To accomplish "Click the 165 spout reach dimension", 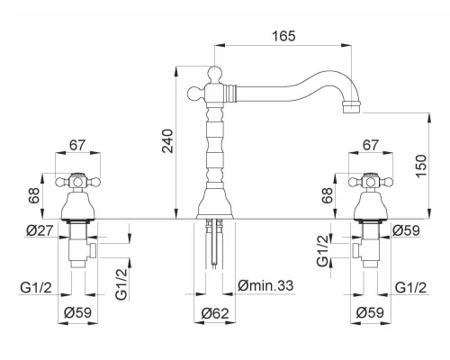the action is (283, 36).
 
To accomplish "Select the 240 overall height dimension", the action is (168, 141).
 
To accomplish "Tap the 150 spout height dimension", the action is (421, 166).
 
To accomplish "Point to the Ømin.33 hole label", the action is (265, 285).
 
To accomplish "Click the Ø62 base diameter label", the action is (215, 313).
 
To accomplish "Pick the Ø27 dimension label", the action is (40, 230).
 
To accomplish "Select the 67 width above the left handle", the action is (77, 145).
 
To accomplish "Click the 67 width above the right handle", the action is (371, 145).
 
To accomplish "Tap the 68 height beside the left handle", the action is (34, 195).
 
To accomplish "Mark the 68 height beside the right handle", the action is (328, 195).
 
